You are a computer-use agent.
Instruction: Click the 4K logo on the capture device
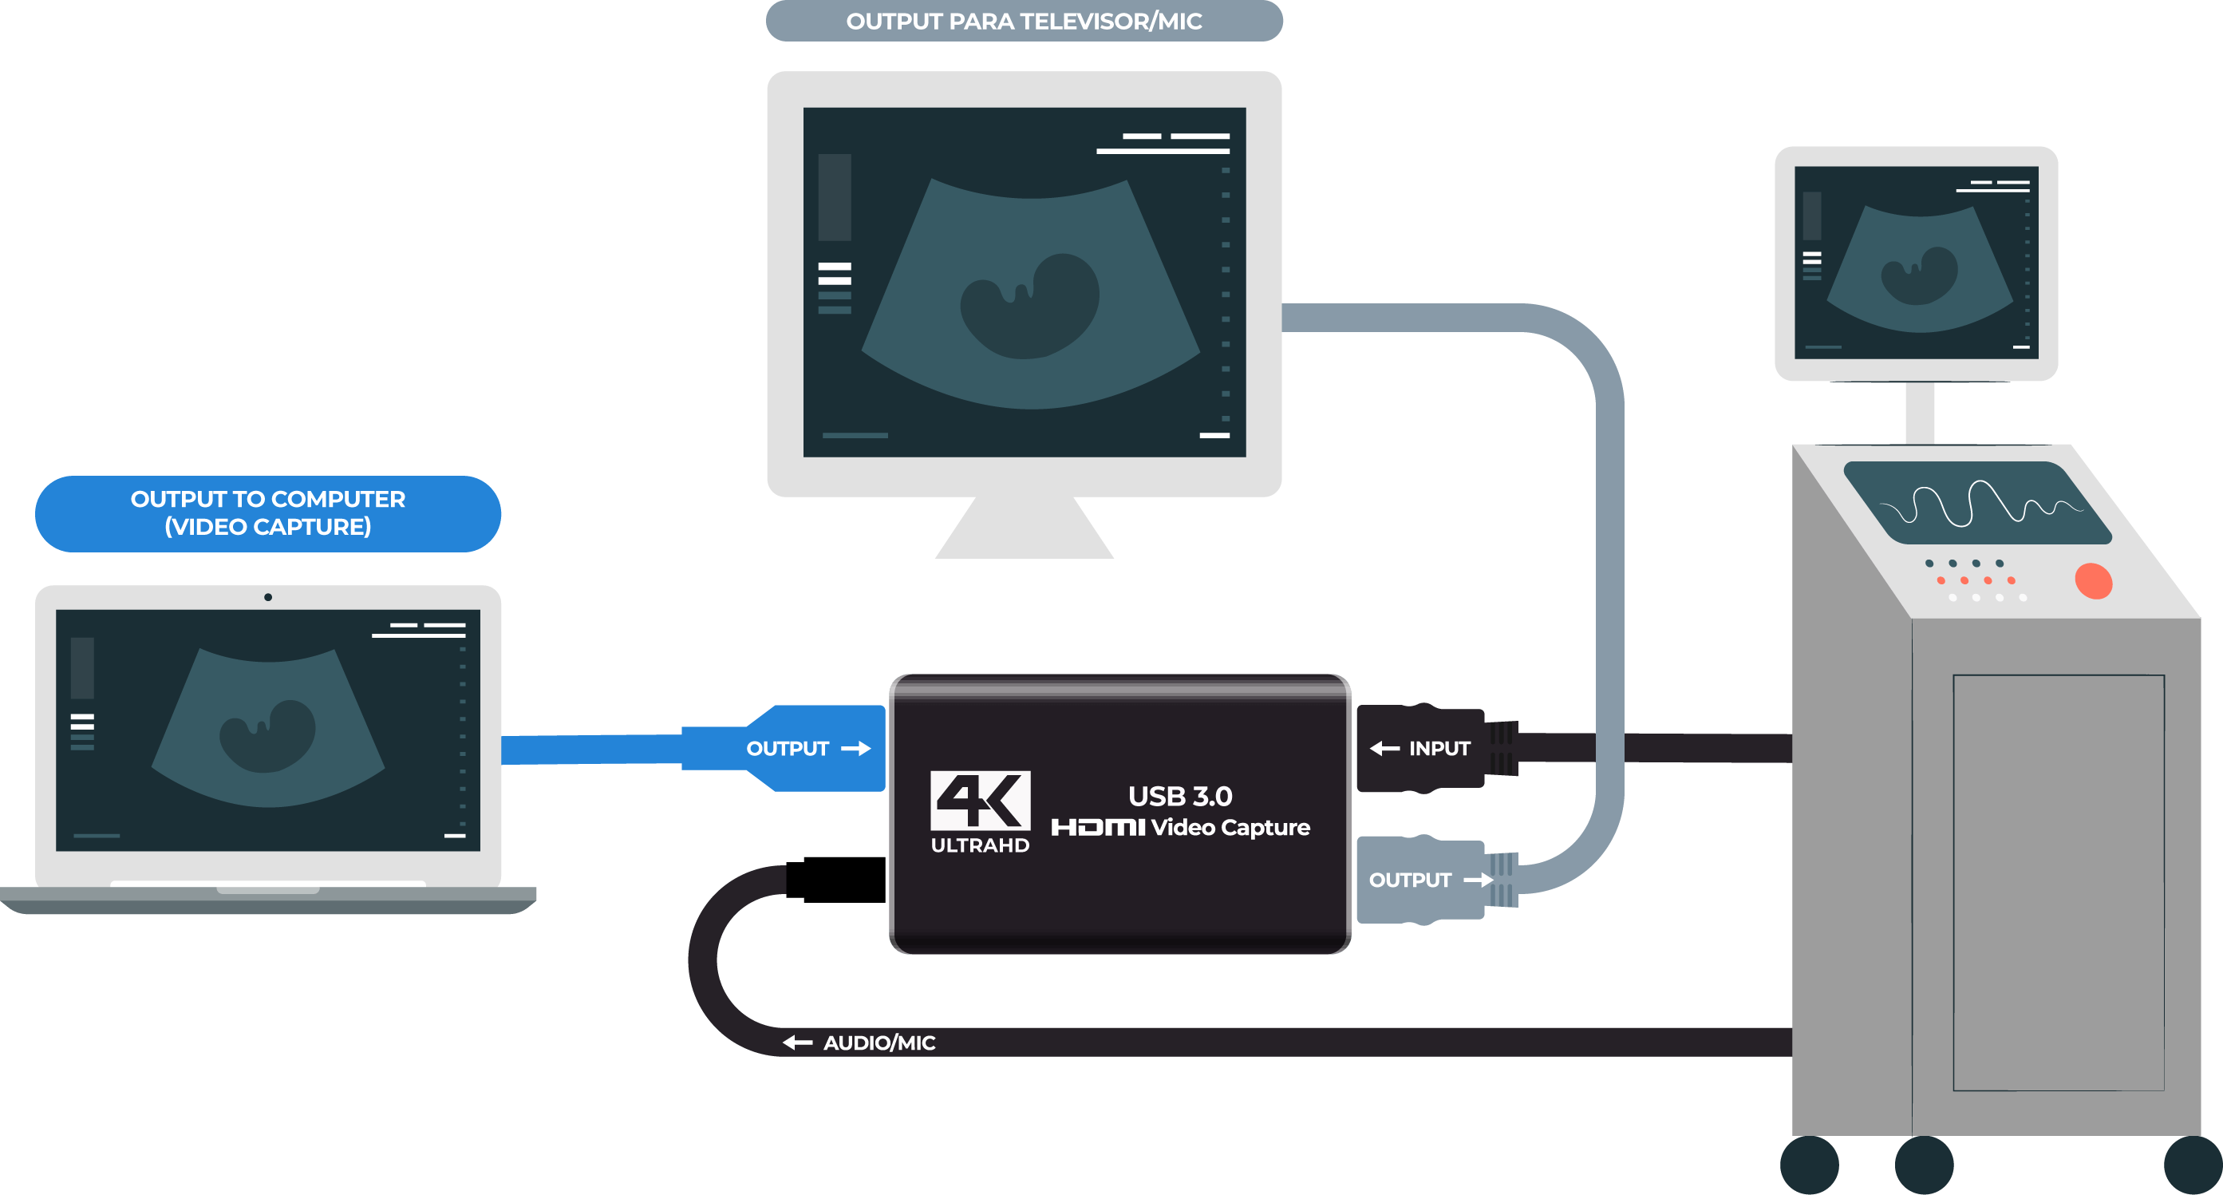pyautogui.click(x=980, y=799)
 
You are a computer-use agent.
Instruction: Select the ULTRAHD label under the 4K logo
pyautogui.click(x=980, y=845)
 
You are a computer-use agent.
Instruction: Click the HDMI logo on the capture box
pyautogui.click(x=1098, y=827)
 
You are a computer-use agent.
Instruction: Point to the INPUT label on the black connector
pyautogui.click(x=1439, y=749)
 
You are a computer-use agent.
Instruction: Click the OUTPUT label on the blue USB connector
pyautogui.click(x=787, y=749)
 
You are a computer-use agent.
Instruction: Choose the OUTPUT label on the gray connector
pyautogui.click(x=1409, y=880)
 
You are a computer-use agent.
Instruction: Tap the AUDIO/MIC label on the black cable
pyautogui.click(x=879, y=1043)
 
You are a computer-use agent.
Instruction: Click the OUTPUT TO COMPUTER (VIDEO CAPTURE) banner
pyautogui.click(x=267, y=512)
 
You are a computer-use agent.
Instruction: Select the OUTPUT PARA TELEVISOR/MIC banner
pyautogui.click(x=1024, y=21)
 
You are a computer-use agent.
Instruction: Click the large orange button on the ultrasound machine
pyautogui.click(x=2093, y=581)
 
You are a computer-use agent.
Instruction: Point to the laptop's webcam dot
pyautogui.click(x=268, y=596)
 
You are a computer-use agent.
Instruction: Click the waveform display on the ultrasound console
pyautogui.click(x=1978, y=504)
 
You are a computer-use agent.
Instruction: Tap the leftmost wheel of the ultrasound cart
pyautogui.click(x=1810, y=1165)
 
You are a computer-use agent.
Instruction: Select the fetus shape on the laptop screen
pyautogui.click(x=267, y=736)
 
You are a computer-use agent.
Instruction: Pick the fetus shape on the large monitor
pyautogui.click(x=1030, y=307)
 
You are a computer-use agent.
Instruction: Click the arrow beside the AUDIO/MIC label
pyautogui.click(x=797, y=1043)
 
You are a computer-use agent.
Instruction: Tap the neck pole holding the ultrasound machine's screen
pyautogui.click(x=1919, y=413)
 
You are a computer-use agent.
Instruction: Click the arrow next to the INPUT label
pyautogui.click(x=1384, y=749)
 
